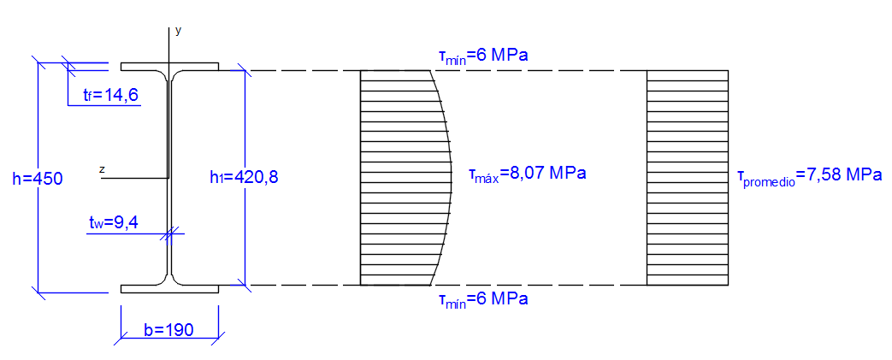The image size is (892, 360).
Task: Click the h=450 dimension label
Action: (37, 179)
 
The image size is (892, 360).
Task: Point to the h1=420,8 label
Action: (244, 178)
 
